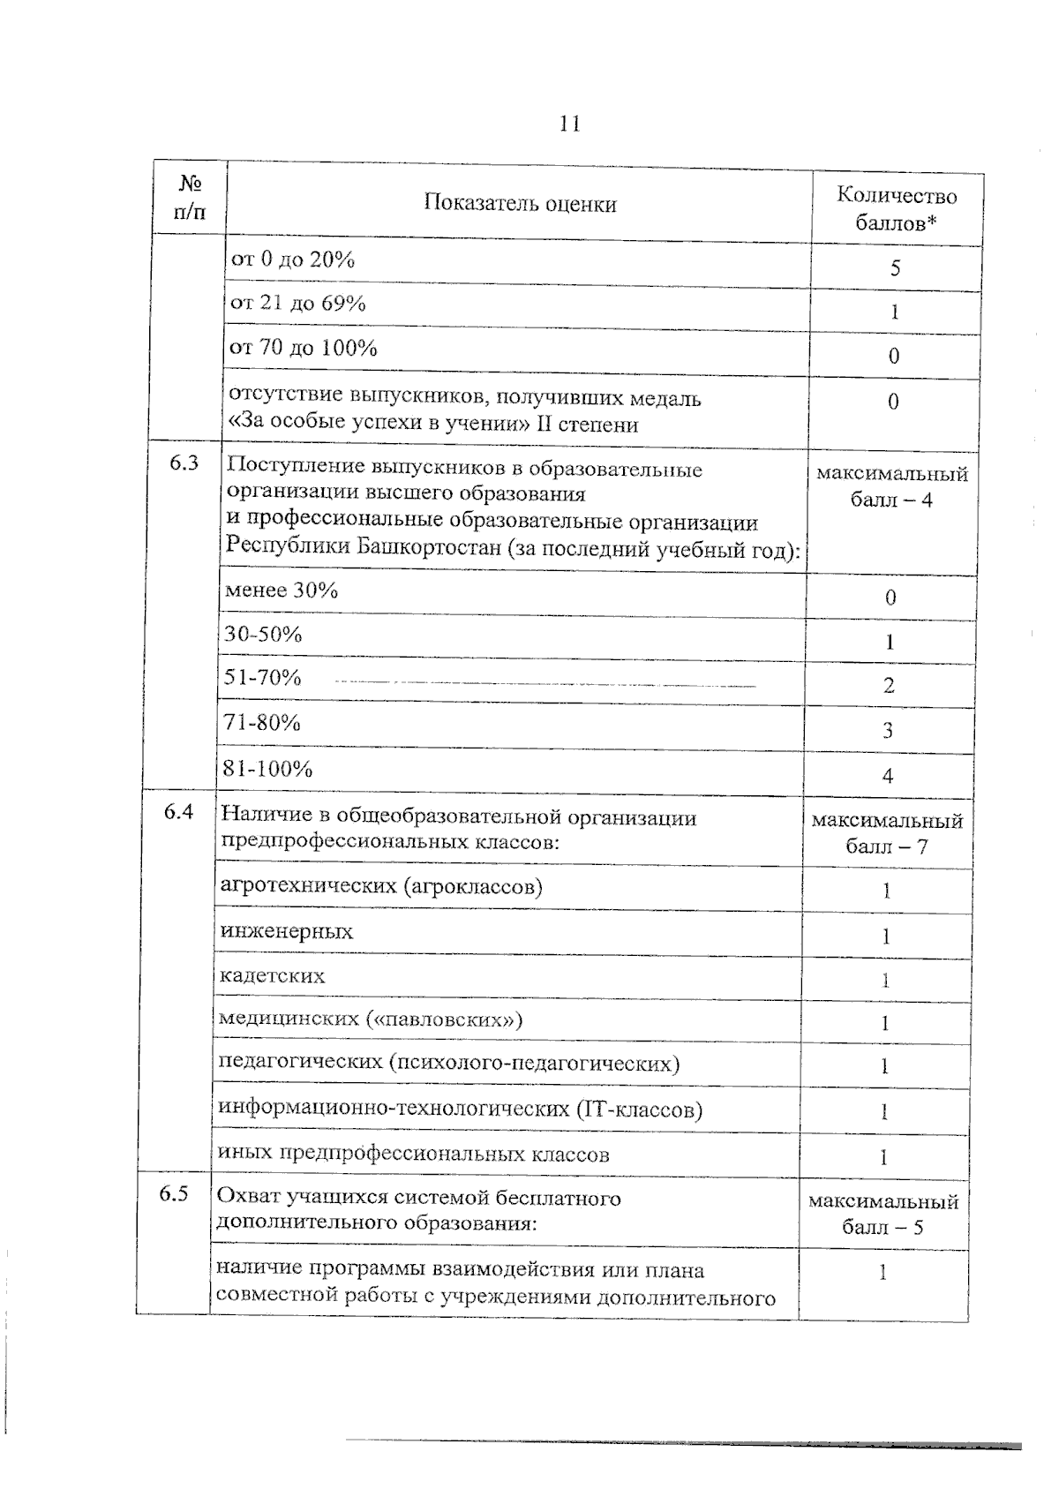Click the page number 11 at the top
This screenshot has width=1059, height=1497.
click(569, 124)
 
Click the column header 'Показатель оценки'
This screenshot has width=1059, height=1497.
click(520, 204)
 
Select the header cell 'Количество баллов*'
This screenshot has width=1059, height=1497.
click(896, 209)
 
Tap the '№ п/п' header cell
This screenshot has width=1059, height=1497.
click(191, 197)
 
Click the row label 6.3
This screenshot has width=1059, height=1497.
click(184, 463)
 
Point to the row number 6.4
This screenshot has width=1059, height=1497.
click(178, 811)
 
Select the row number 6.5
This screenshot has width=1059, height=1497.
click(173, 1194)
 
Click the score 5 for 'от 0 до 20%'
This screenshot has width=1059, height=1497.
click(895, 268)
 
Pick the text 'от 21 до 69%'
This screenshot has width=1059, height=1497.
click(297, 304)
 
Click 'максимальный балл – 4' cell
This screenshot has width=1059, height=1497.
click(891, 487)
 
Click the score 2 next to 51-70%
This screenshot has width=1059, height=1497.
click(889, 685)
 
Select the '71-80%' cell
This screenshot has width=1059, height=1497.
click(262, 723)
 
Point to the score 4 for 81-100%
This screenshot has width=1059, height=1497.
click(887, 776)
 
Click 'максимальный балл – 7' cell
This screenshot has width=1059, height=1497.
click(887, 834)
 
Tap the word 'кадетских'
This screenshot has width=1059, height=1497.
click(272, 976)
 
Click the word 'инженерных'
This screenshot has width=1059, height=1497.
click(286, 932)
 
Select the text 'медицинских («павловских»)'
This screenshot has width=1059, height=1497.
click(371, 1020)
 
